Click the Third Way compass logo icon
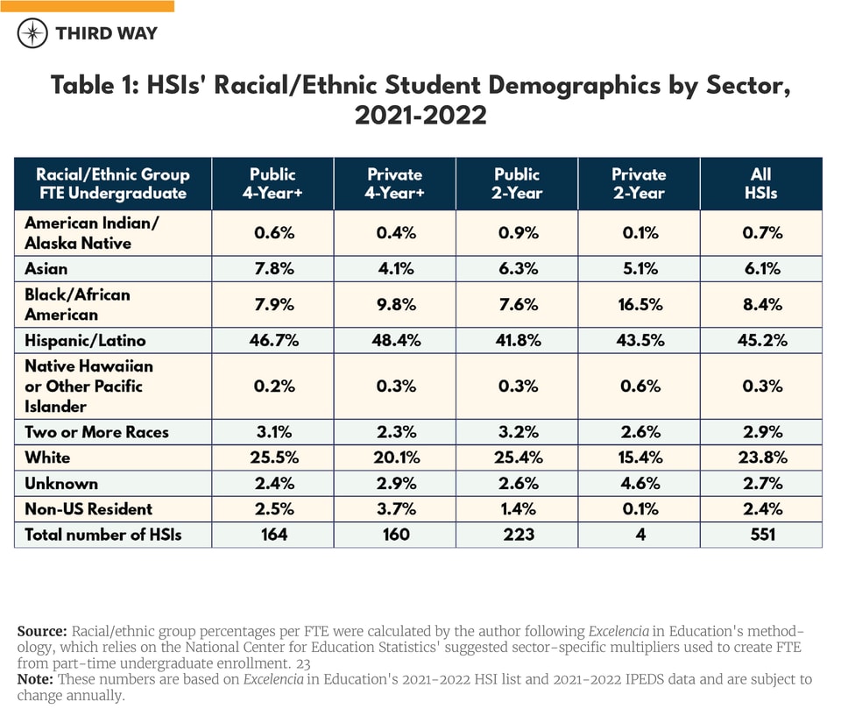[32, 33]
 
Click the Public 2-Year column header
[517, 183]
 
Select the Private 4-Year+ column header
[395, 183]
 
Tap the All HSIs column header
[761, 183]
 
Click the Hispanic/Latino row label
[84, 340]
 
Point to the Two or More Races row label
[96, 432]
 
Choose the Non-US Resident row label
[88, 508]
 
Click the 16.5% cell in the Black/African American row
[639, 304]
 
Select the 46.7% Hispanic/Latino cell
[272, 340]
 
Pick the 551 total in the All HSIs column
[761, 534]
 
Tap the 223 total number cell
[517, 534]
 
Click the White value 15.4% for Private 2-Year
[639, 457]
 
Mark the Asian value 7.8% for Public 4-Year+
[272, 268]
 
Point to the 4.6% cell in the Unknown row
[639, 483]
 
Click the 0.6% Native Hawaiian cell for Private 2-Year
[639, 386]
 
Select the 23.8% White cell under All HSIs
[761, 457]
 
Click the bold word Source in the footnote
[41, 631]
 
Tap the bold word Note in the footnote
[35, 679]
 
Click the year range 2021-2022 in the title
[420, 115]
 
